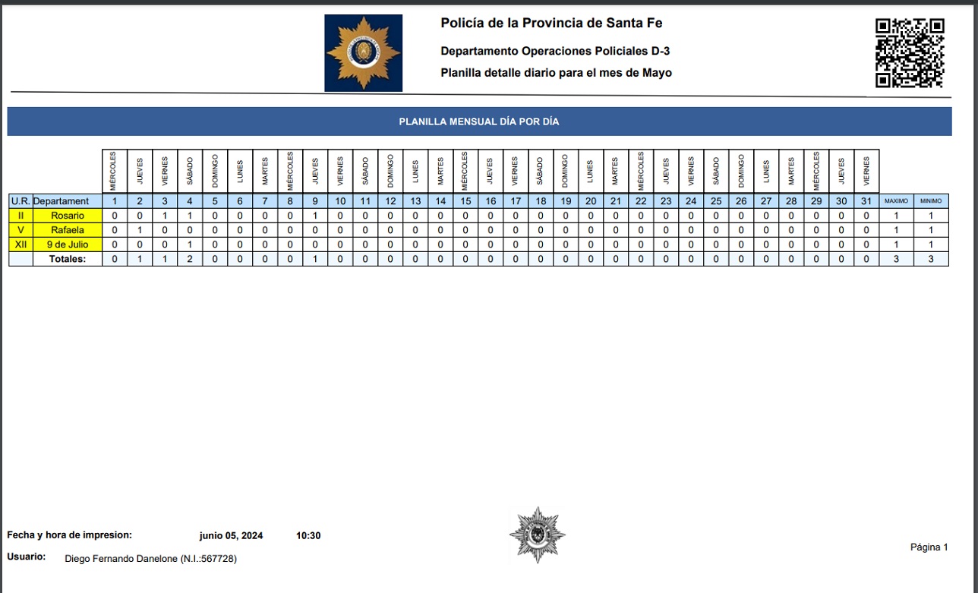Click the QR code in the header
909,52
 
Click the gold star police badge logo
363,53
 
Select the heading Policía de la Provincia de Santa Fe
551,23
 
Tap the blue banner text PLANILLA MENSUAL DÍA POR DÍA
479,121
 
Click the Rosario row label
68,216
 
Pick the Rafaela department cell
68,230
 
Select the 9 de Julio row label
68,244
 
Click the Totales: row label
68,259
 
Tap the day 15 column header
465,201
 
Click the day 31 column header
866,201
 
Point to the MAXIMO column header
896,201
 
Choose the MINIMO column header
931,201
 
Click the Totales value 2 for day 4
190,259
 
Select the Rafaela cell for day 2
140,230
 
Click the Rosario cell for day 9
315,216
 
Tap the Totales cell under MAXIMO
896,259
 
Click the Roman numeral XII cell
21,244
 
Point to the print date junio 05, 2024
231,536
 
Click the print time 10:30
308,536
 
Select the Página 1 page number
929,547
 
